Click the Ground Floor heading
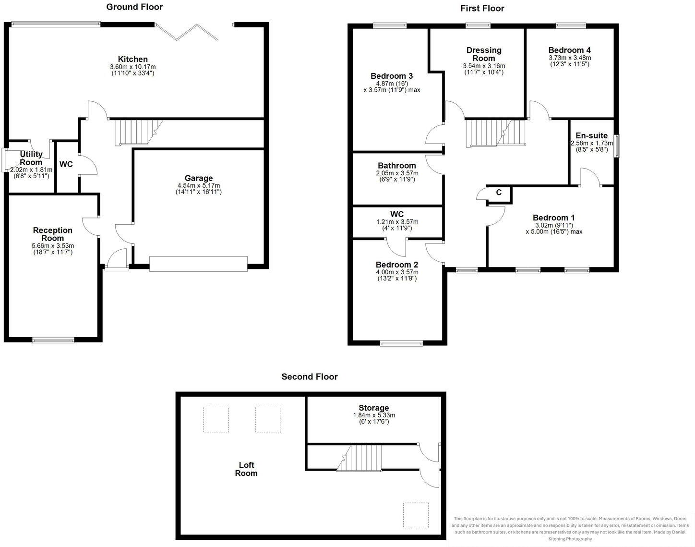tap(134, 7)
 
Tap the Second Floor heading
tap(310, 377)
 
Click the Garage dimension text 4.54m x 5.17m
tap(199, 185)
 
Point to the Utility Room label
tap(31, 158)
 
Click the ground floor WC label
tap(66, 164)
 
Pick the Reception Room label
tap(53, 234)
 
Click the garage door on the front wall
tap(199, 264)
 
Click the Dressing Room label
tap(484, 54)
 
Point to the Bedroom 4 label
tap(570, 50)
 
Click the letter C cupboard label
tap(499, 193)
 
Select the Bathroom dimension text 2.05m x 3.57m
tap(397, 173)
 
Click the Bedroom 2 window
tap(402, 343)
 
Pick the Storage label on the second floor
tap(374, 408)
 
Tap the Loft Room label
tap(246, 469)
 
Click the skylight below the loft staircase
tap(416, 515)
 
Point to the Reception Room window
tap(53, 340)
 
